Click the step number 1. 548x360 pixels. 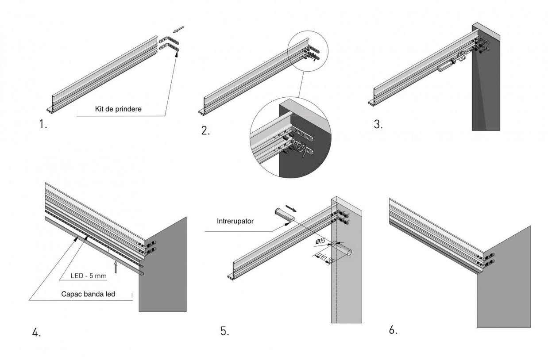point(42,125)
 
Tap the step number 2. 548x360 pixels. point(205,130)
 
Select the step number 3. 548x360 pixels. point(378,125)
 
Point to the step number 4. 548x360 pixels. point(37,333)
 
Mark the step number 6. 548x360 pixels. point(393,330)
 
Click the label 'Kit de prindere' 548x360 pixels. point(118,109)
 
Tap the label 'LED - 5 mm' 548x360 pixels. point(89,276)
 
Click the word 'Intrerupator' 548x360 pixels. point(235,221)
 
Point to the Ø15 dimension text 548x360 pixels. point(321,241)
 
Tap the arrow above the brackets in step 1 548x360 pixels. point(178,30)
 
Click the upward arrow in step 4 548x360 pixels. point(116,267)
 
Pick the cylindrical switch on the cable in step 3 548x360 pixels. point(445,65)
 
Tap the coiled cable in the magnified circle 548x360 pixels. point(298,148)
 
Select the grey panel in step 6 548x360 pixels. point(505,287)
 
